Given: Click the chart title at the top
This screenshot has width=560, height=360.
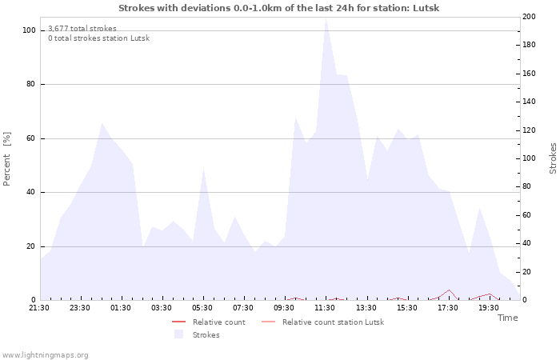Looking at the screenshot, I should coord(278,8).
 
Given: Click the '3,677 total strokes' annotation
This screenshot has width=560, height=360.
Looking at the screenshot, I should coord(82,28).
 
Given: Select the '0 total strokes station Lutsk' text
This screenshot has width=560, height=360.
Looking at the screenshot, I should coord(98,38).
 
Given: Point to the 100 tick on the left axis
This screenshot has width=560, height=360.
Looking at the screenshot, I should coord(29,30).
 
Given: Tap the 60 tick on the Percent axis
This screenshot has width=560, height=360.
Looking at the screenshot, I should coord(30,138).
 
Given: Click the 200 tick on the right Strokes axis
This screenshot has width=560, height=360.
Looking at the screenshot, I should coord(529,17).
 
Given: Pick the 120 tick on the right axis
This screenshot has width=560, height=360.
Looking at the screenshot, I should coord(529,130).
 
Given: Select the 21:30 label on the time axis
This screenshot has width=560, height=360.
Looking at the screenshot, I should coord(39,307).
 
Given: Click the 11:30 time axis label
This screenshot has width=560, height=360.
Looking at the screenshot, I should coord(325,307).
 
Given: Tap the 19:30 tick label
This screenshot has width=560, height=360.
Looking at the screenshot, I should coord(489,307).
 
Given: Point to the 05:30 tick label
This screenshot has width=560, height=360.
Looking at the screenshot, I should coord(202,307).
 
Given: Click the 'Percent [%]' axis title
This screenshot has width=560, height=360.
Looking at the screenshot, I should coord(7,158).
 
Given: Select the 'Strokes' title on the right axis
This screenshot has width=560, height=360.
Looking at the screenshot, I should coord(553,158).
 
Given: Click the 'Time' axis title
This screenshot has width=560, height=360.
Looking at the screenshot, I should coord(507,318).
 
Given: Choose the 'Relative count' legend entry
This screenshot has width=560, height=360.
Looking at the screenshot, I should coord(218,322).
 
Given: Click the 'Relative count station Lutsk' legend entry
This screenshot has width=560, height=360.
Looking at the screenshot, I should coord(333,322).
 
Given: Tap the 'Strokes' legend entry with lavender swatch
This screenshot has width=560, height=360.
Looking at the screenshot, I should coord(206,335).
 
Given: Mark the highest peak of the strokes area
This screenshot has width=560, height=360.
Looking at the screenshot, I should coord(326,19).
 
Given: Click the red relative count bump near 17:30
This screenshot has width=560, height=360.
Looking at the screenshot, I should coord(450,290).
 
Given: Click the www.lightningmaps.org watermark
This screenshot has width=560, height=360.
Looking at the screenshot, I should coord(45,354).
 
